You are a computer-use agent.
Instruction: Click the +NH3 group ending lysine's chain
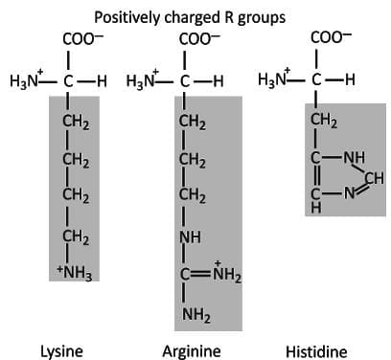(x=74, y=276)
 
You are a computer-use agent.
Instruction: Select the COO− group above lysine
(x=78, y=41)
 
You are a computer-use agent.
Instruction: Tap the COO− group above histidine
(x=331, y=38)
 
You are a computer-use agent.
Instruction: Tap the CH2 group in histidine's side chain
(x=324, y=121)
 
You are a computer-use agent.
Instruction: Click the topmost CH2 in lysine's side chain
(x=76, y=122)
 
